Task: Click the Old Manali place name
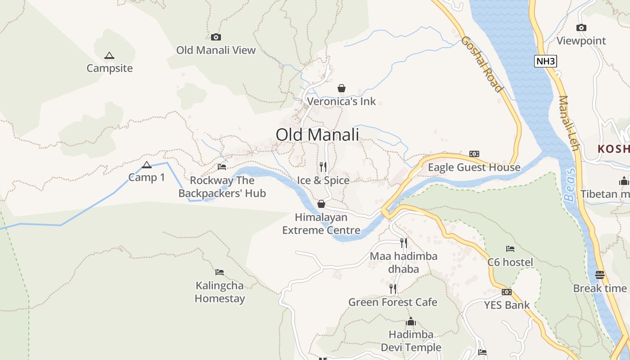317,135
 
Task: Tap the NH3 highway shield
545,61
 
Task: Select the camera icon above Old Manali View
216,37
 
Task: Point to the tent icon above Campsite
109,56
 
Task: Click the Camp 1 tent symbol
146,165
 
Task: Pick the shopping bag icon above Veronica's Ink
342,88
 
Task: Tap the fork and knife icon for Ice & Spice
323,167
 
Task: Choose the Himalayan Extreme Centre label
321,224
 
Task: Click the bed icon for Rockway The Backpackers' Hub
222,167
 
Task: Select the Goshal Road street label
481,64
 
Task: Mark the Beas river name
570,185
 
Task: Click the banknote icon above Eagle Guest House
474,154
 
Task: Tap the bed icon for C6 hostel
510,248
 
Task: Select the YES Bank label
507,305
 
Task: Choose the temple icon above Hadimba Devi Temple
411,322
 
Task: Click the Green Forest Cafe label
392,302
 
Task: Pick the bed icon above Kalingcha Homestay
220,272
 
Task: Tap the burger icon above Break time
600,274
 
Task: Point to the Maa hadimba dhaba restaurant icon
404,243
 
